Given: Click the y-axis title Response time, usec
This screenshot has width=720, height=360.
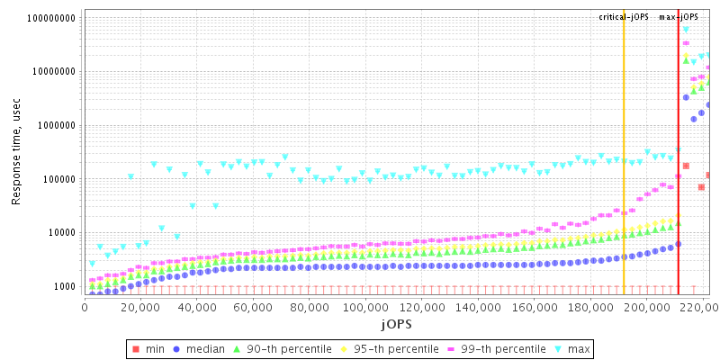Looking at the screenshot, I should (16, 151).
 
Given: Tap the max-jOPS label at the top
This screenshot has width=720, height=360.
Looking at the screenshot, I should (679, 17).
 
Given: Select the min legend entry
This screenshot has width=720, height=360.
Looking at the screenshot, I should (148, 349).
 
